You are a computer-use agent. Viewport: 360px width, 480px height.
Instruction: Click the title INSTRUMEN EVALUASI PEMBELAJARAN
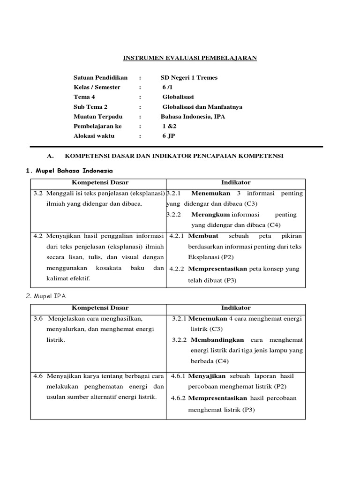click(190, 58)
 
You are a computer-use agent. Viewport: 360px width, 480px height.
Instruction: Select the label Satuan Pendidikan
click(100, 77)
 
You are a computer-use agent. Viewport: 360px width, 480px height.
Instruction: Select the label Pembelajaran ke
click(97, 127)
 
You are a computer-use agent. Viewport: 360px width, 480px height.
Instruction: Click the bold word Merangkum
click(210, 214)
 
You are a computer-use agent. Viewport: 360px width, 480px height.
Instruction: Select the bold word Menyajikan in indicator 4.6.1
click(208, 376)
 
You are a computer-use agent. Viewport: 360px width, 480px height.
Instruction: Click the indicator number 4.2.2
click(177, 269)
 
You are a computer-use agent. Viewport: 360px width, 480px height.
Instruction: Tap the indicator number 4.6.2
click(179, 398)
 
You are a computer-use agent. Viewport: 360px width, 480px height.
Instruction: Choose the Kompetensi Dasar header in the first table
click(100, 182)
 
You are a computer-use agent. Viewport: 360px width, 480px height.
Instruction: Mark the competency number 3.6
click(38, 318)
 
